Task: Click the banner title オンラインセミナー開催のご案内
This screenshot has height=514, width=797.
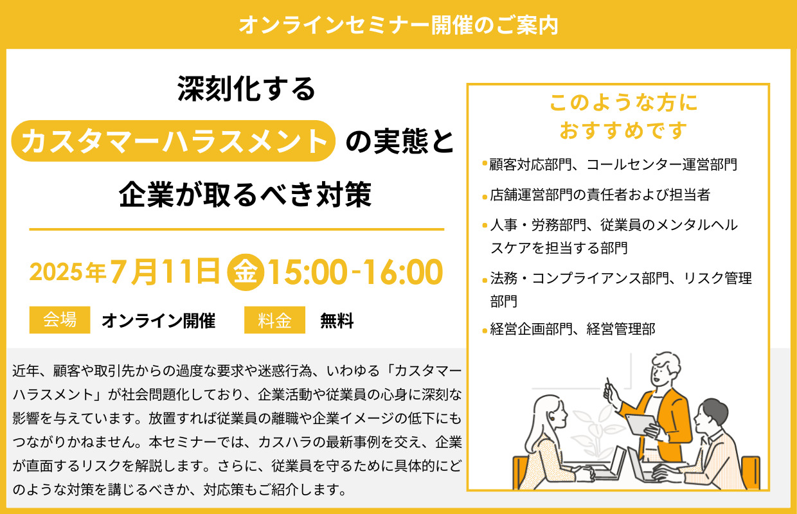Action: [x=398, y=24]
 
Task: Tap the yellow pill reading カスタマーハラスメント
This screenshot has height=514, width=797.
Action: [x=175, y=141]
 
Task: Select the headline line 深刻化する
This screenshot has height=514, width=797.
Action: [x=247, y=89]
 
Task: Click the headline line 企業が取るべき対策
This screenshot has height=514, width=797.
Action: [x=246, y=193]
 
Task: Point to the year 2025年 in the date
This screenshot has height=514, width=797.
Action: [x=67, y=272]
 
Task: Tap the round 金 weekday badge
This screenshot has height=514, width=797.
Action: [x=246, y=272]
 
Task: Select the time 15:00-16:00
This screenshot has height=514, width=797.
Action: [x=354, y=272]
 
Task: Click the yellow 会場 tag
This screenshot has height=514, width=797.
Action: [x=60, y=320]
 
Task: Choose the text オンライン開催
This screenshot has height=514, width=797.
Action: [x=158, y=321]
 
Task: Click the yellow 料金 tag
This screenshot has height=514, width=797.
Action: [x=274, y=320]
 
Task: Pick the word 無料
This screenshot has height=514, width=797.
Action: [x=337, y=321]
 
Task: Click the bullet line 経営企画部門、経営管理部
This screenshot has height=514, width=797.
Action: [x=572, y=330]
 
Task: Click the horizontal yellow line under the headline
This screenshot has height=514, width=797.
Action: [x=237, y=229]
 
